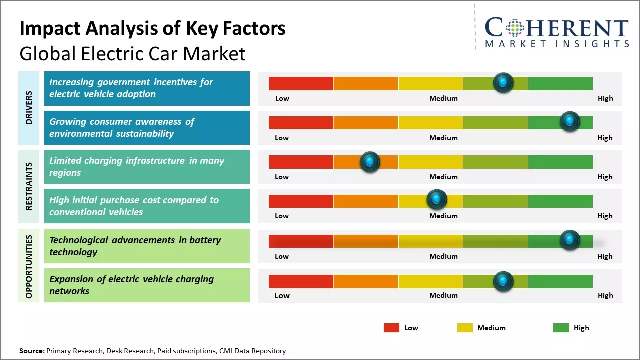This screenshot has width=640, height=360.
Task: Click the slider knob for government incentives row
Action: (x=503, y=82)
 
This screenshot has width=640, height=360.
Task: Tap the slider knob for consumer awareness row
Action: (x=570, y=121)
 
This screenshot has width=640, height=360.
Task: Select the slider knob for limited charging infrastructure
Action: (x=370, y=161)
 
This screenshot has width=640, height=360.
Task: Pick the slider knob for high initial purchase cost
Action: (x=437, y=200)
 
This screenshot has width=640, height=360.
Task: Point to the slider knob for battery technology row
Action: (x=570, y=240)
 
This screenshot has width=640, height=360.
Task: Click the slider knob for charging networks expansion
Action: (x=503, y=281)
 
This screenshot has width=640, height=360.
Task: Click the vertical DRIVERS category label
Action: (x=29, y=107)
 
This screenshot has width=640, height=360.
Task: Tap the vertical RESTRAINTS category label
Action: (x=29, y=186)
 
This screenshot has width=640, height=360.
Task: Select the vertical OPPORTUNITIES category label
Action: (x=29, y=266)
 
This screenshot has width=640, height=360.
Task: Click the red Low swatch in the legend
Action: (x=391, y=328)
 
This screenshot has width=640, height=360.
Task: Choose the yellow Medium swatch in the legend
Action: (x=465, y=328)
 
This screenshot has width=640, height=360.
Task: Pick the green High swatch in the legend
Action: (x=561, y=328)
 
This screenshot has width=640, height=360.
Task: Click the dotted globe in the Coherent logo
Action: (x=515, y=28)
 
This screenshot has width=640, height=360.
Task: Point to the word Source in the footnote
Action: (x=31, y=351)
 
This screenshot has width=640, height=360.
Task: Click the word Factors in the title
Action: (x=254, y=29)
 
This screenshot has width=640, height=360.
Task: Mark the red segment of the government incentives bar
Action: (x=301, y=83)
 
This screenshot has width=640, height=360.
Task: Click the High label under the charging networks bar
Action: (x=605, y=295)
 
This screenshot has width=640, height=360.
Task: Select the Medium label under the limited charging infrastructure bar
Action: (x=443, y=177)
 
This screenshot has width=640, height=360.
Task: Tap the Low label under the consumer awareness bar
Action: (x=282, y=138)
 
